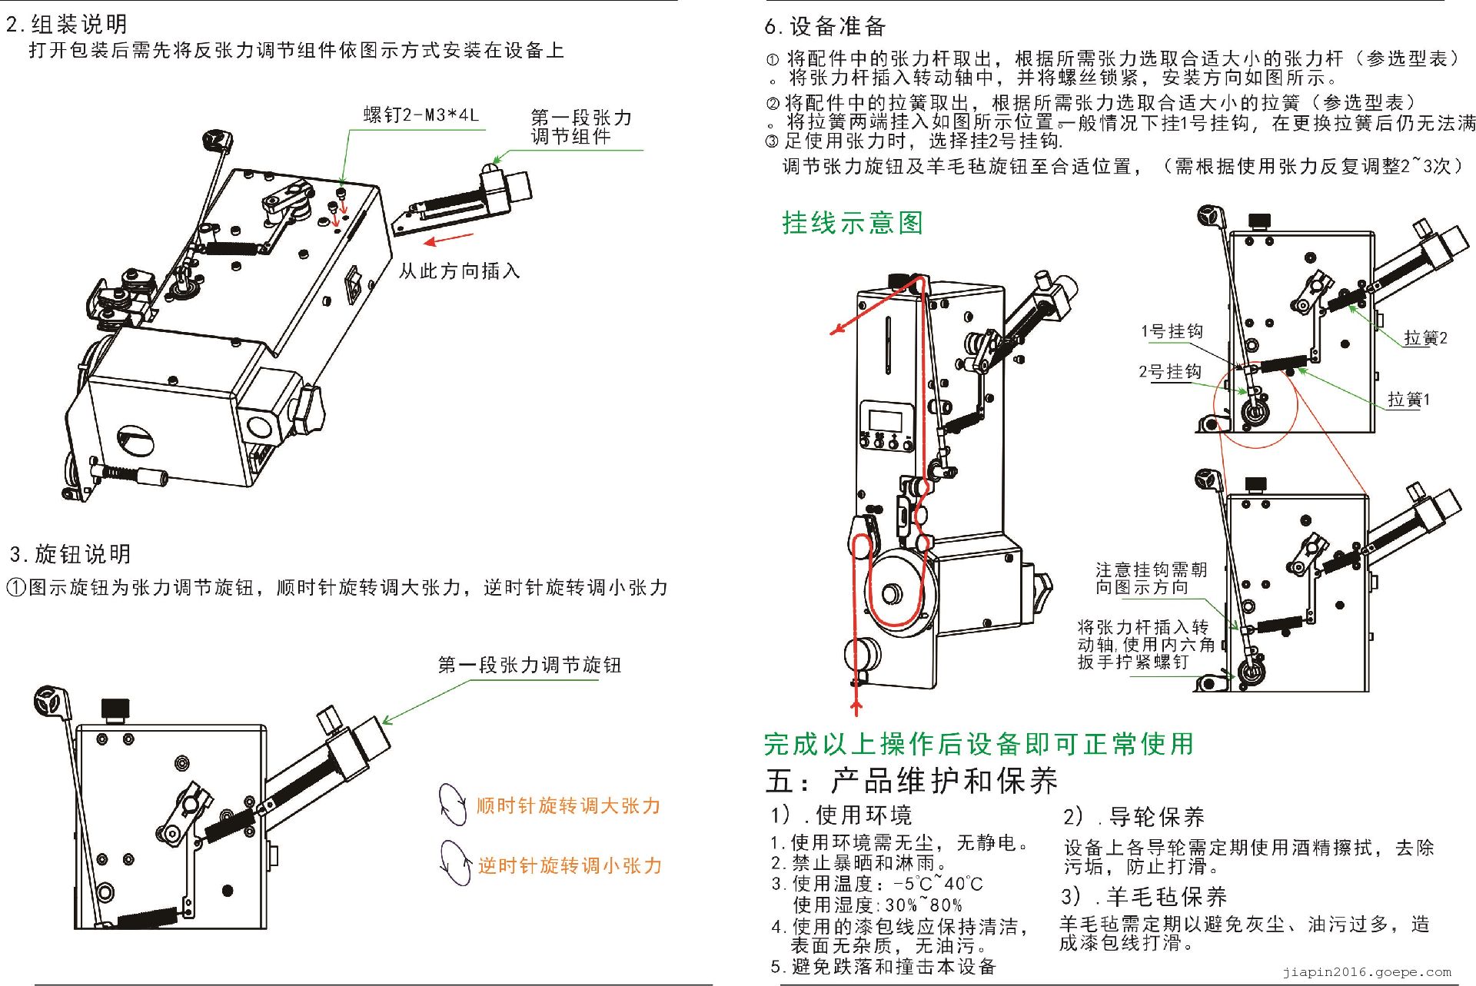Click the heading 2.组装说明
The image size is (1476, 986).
click(67, 25)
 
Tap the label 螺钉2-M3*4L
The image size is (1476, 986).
click(421, 115)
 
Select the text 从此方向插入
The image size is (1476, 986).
click(459, 271)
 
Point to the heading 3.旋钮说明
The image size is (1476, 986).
click(70, 554)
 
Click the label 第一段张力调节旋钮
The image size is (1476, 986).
click(529, 665)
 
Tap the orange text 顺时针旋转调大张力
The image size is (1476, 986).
click(568, 805)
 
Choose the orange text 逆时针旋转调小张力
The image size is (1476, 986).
click(570, 865)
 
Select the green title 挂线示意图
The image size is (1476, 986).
click(853, 223)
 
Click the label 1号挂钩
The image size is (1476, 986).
click(1172, 331)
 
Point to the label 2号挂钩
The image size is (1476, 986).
click(1169, 372)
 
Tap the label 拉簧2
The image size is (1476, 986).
click(1425, 338)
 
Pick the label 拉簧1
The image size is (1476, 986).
click(1408, 400)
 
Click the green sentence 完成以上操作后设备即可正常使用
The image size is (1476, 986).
click(979, 744)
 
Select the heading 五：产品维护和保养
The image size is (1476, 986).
click(912, 781)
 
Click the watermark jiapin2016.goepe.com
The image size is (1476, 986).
click(1367, 972)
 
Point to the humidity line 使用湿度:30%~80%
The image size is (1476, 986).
click(877, 905)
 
